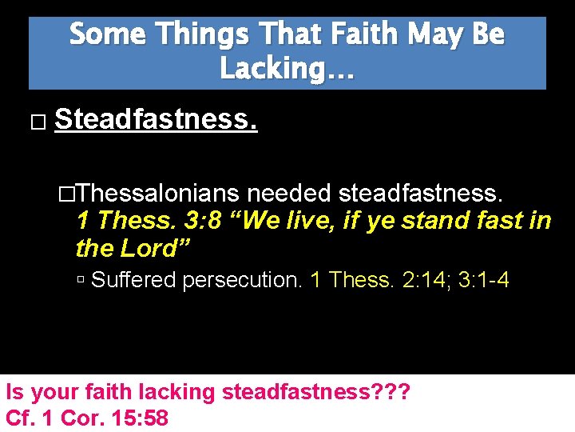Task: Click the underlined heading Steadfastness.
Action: click(x=157, y=120)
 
